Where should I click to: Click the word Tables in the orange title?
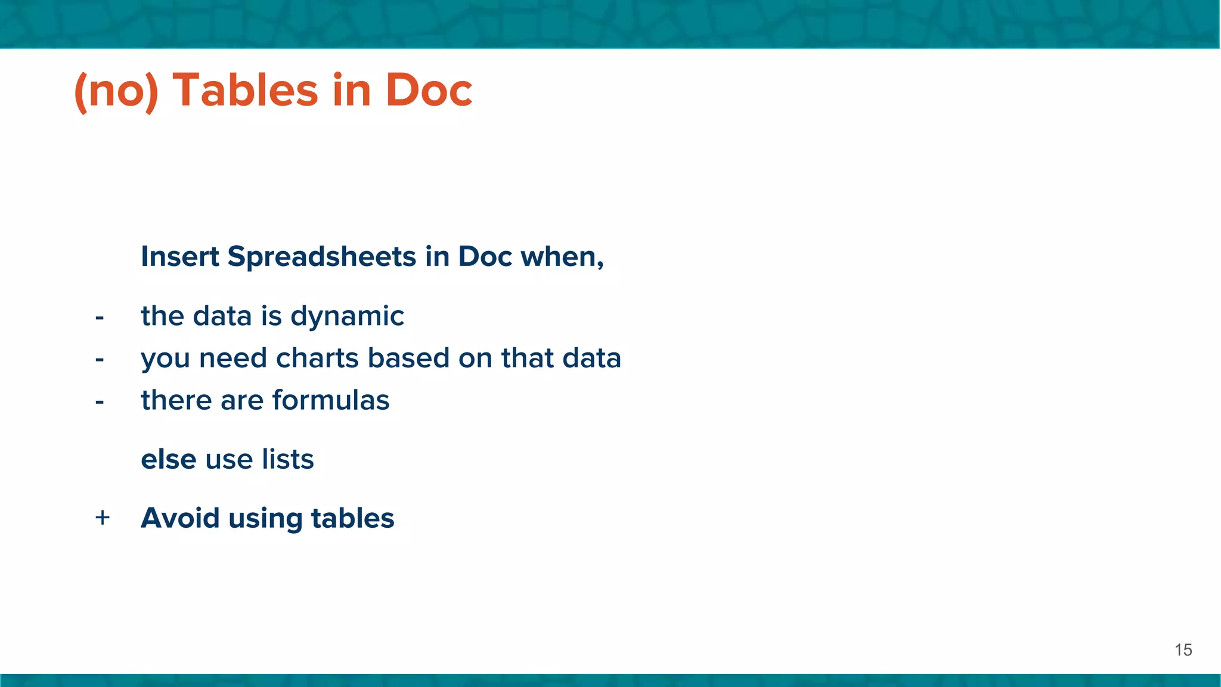245,91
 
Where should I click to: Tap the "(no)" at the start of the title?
116,91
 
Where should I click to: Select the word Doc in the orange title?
429,91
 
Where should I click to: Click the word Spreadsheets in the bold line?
322,257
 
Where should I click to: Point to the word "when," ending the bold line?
562,257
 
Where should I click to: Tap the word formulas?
331,400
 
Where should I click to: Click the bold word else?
168,459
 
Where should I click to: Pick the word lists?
287,459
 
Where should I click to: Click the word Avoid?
180,518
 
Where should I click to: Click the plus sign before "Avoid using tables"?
103,518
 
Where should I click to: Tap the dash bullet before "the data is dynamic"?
100,317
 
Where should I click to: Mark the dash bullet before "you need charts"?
100,360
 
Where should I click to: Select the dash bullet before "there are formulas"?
100,401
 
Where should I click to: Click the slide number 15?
1183,650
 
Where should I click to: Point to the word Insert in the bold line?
180,257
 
